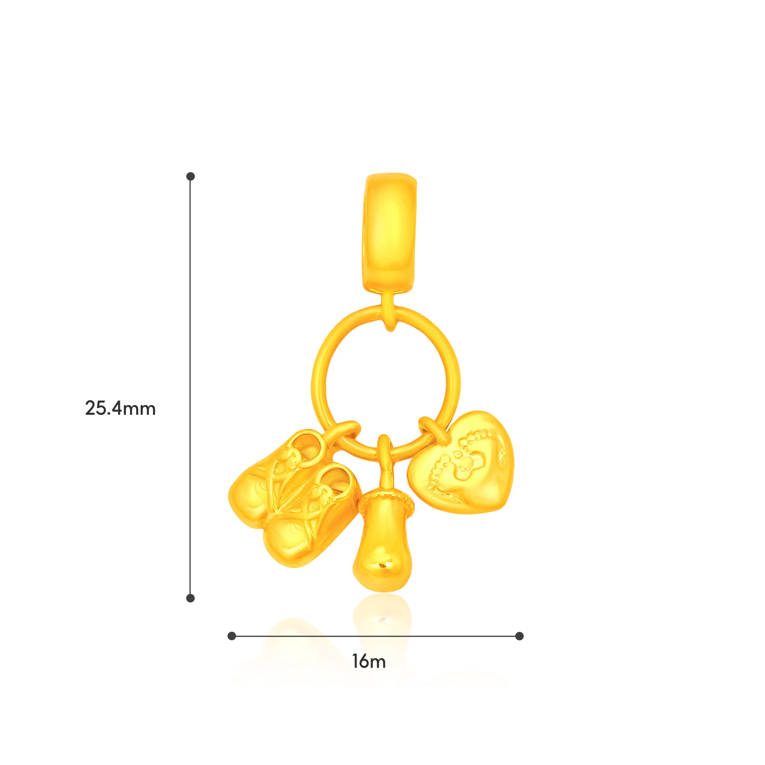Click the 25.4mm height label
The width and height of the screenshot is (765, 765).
(x=120, y=408)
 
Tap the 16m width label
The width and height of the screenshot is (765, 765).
(x=369, y=661)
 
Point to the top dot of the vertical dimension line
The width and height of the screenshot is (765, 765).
(x=190, y=176)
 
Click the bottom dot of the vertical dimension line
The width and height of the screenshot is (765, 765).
(x=190, y=598)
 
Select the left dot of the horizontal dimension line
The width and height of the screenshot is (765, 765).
(x=231, y=636)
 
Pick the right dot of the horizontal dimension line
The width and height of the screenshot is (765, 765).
(x=519, y=636)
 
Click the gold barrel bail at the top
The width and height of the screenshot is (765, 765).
(x=390, y=233)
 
